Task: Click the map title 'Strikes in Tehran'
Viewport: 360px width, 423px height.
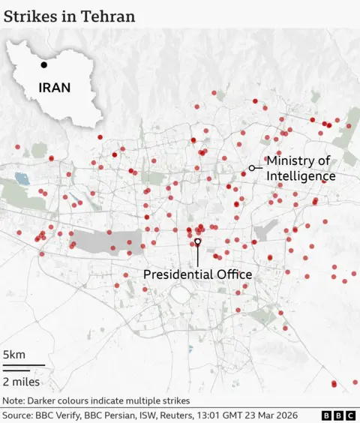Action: pos(70,16)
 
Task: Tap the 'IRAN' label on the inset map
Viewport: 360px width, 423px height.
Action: pos(55,88)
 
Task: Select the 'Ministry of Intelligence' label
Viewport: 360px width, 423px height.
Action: pos(300,168)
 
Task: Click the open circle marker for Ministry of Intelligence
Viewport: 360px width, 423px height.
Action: pos(251,168)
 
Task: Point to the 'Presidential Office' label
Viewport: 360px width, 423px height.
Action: pos(197,274)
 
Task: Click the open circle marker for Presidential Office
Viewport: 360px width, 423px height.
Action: pos(197,241)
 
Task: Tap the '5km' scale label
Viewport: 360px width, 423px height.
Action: pos(14,355)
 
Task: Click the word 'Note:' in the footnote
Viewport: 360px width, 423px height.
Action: pos(14,400)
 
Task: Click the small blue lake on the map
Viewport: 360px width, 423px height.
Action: pos(19,179)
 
